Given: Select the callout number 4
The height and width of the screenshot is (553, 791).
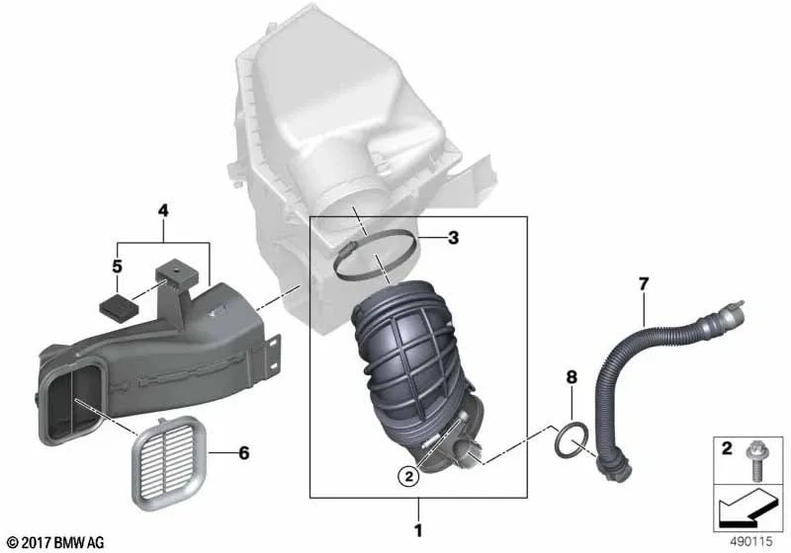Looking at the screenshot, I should (163, 210).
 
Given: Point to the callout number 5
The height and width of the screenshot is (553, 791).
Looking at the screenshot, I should (117, 267).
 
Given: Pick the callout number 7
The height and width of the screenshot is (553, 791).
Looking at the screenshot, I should (643, 285).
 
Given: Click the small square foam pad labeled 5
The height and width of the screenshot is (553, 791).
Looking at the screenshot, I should (117, 303).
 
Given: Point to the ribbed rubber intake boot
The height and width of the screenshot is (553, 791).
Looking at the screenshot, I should (400, 355).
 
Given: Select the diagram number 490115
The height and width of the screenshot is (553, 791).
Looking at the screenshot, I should (749, 542).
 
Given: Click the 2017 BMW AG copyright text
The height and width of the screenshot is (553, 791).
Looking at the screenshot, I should (48, 542).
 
